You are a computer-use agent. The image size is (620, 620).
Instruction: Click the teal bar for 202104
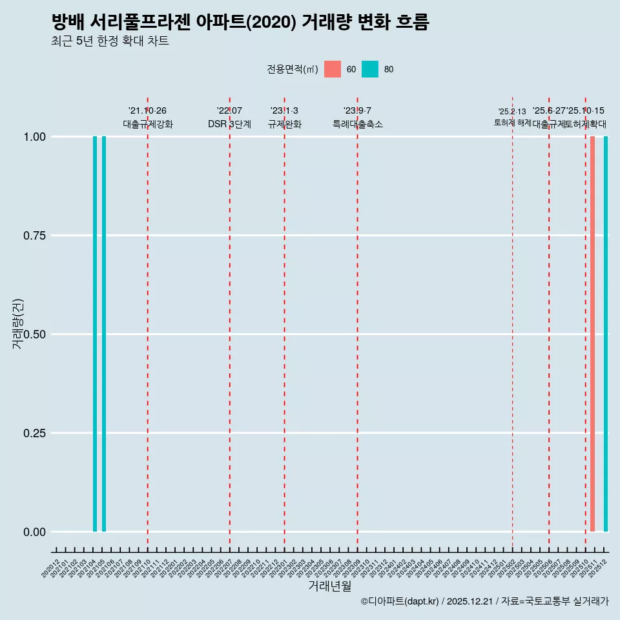coord(95,334)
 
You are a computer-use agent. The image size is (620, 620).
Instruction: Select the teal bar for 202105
coord(104,334)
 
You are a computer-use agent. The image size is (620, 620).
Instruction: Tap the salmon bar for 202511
coord(592,334)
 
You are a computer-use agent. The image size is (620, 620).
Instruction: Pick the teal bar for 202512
coord(606,334)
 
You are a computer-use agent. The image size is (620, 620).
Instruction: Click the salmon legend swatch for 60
coord(333,69)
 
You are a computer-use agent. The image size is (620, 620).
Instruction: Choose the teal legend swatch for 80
coord(370,69)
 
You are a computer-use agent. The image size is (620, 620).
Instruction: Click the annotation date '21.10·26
coord(147,111)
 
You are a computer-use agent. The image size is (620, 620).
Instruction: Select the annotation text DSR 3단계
coord(229,124)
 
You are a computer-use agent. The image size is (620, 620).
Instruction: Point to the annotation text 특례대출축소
coord(358,124)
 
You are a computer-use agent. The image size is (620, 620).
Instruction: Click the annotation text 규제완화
coord(285,124)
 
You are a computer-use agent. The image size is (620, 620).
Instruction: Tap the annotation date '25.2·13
coord(512,112)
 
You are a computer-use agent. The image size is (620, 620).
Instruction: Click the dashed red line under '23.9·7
coord(357,323)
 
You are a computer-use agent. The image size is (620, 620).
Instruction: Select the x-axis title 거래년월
coord(329,586)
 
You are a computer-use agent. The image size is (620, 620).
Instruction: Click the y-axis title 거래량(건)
coord(18,324)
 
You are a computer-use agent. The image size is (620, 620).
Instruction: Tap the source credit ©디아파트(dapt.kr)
coord(400,602)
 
